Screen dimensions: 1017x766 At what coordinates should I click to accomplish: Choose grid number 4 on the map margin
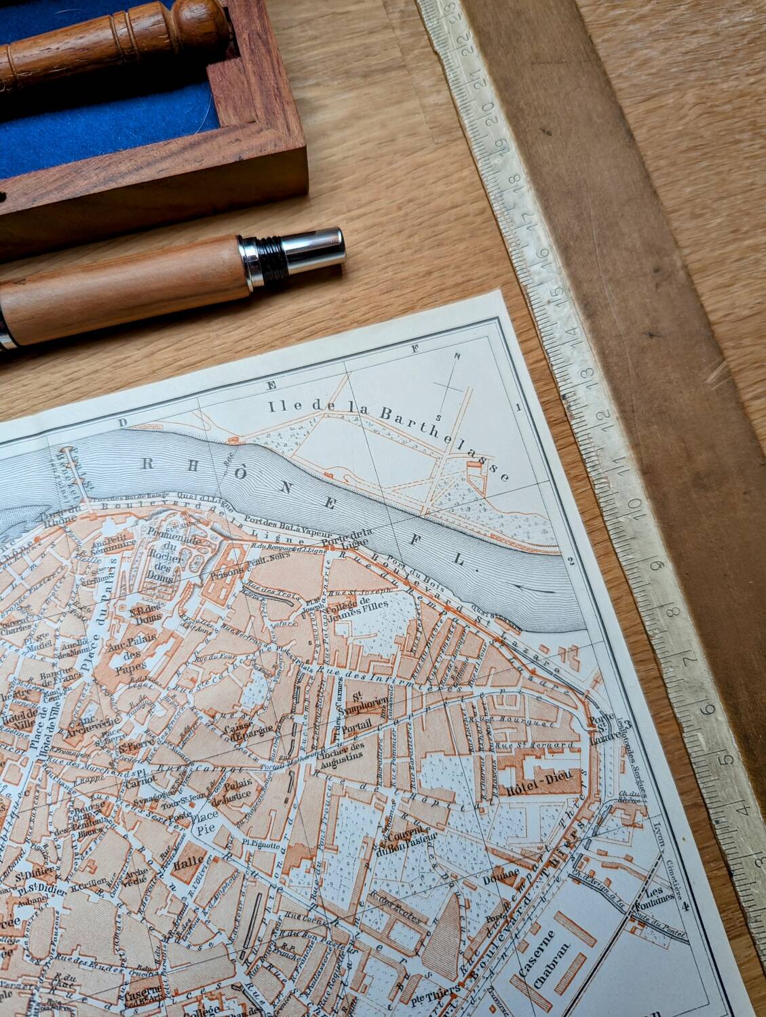685,905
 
